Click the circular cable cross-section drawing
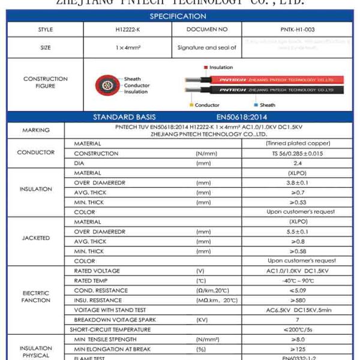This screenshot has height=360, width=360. pyautogui.click(x=107, y=85)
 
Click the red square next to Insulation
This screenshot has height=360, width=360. pyautogui.click(x=205, y=67)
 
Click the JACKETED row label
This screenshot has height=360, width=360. pyautogui.click(x=36, y=238)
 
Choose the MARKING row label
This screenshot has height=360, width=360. pyautogui.click(x=36, y=130)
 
